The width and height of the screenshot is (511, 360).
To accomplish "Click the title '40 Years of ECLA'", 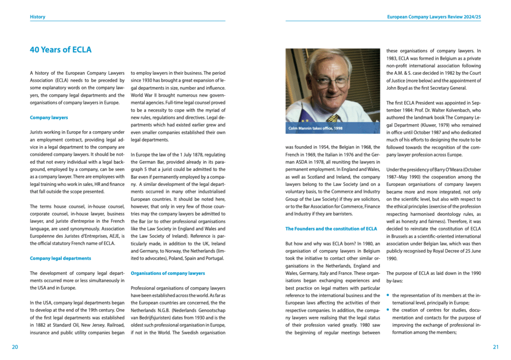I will click(60, 50).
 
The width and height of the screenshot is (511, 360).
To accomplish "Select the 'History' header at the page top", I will click(37, 17).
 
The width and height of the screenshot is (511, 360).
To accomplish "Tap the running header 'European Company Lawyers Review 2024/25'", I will click(434, 17).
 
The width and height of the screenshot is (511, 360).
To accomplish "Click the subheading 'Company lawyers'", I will click(49, 118).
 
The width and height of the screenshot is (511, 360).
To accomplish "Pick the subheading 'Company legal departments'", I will click(60, 258).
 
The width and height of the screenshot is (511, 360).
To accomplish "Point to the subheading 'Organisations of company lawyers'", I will click(168, 273).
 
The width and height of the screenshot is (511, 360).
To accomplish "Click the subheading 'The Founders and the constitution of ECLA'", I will click(331, 228).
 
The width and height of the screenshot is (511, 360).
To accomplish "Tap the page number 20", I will click(15, 347).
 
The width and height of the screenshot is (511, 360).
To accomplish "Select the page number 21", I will click(496, 347).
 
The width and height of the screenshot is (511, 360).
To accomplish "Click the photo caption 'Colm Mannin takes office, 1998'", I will click(315, 129).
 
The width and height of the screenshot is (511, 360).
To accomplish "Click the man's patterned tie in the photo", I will click(333, 118).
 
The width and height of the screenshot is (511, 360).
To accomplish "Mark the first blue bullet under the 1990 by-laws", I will click(388, 295).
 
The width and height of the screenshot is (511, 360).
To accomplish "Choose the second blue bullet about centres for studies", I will click(388, 310).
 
